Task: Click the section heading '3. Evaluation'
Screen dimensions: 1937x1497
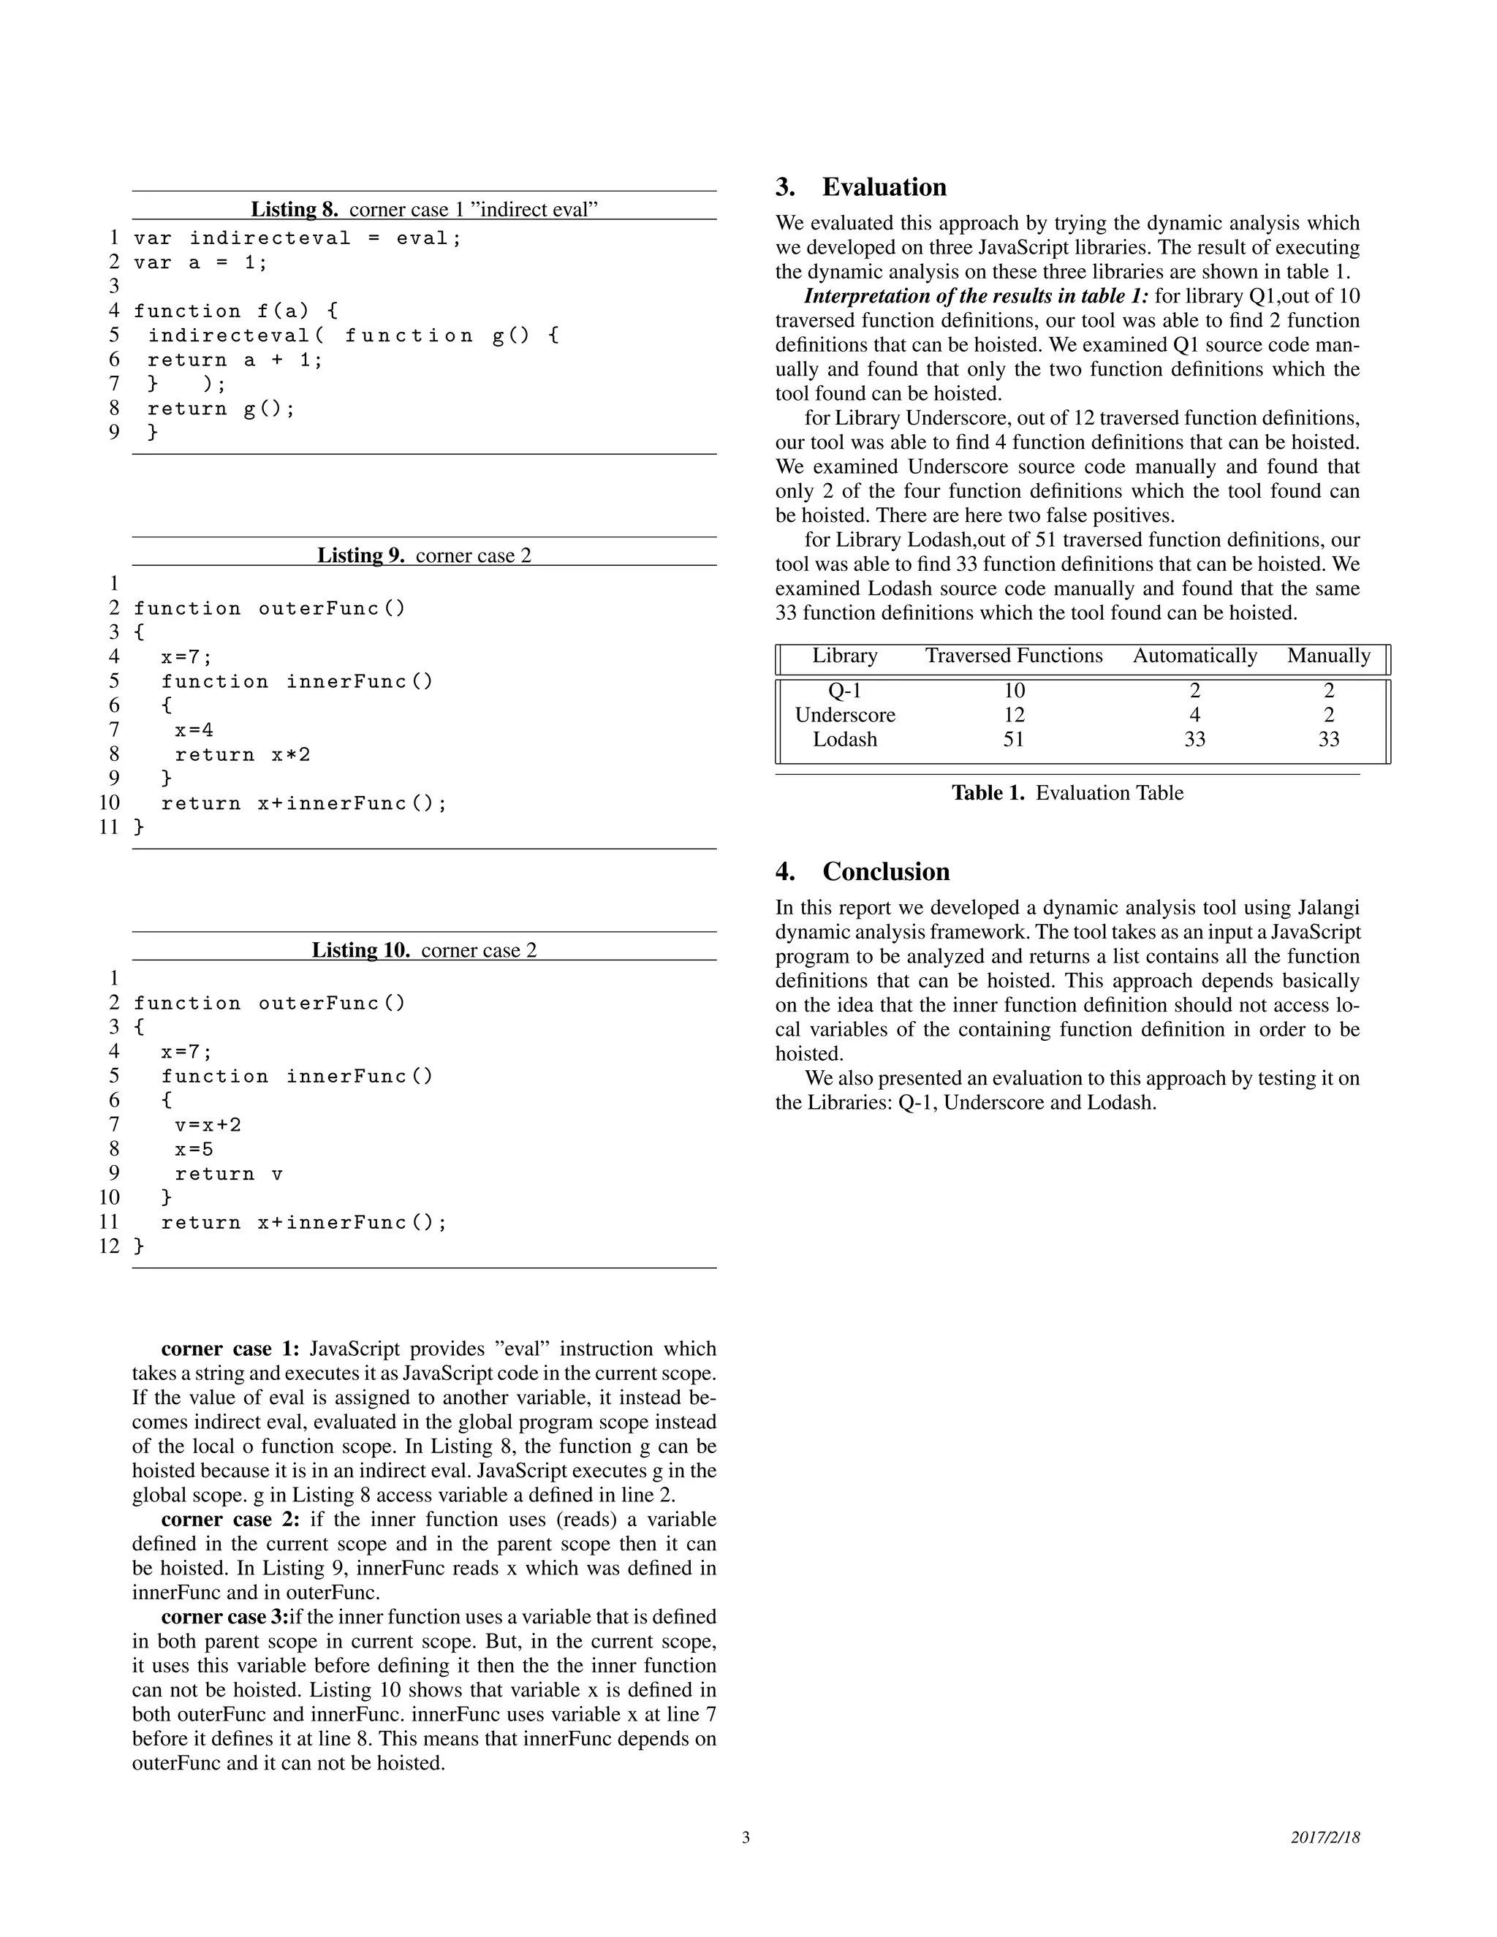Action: click(x=860, y=187)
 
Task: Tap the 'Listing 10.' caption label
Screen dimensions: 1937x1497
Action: click(x=360, y=950)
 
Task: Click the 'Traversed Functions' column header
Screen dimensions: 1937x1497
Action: click(x=1014, y=656)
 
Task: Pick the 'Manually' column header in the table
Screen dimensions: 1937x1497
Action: click(x=1327, y=656)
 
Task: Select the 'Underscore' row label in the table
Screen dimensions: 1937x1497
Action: click(x=844, y=715)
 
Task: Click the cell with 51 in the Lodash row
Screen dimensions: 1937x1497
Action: click(x=1014, y=739)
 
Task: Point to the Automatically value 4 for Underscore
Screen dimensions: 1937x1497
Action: click(x=1194, y=715)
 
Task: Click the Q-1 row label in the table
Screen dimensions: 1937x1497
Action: click(x=844, y=690)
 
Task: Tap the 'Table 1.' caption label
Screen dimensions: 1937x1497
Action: click(x=988, y=793)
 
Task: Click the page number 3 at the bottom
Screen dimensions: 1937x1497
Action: click(x=746, y=1837)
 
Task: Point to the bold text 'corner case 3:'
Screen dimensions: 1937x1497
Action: click(x=225, y=1617)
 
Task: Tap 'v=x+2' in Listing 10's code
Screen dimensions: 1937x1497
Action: click(x=208, y=1125)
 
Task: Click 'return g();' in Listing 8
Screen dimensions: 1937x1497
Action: click(x=220, y=408)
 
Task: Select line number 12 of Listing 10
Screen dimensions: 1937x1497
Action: click(x=109, y=1246)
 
